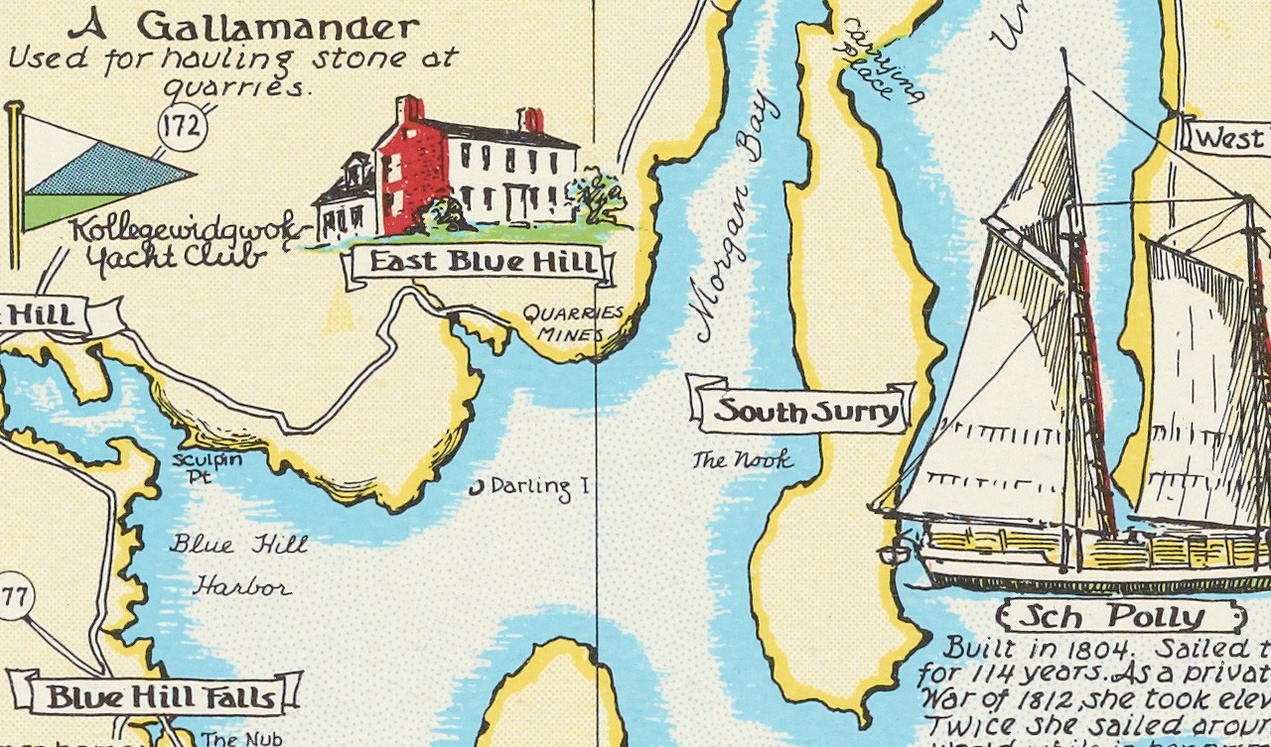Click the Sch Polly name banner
[1123, 616]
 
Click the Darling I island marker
[476, 486]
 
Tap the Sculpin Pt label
[205, 467]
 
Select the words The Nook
[742, 460]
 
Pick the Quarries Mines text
[573, 323]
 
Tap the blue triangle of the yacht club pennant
[124, 168]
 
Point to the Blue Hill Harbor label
[239, 565]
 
